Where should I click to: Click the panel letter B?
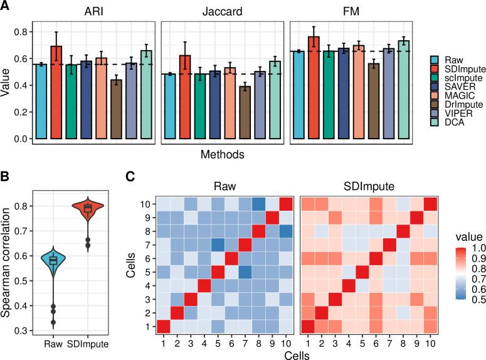point(6,179)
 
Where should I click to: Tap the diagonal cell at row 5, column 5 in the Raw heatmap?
point(217,272)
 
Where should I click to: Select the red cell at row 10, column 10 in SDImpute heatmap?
point(430,204)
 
